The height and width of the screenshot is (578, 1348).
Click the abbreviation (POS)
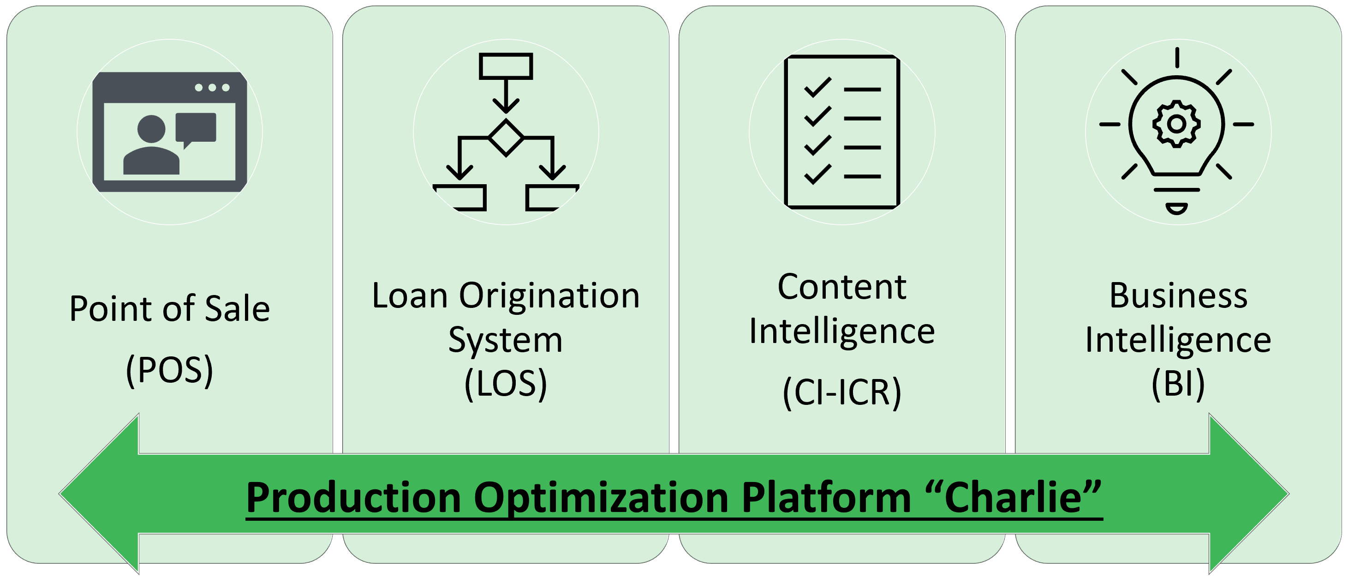pos(170,370)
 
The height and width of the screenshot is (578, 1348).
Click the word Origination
pos(549,296)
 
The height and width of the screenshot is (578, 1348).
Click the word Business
pos(1178,296)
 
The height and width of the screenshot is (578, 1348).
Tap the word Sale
pos(237,308)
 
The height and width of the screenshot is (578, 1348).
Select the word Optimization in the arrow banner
pos(601,497)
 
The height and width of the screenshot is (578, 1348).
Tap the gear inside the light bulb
pos(1176,124)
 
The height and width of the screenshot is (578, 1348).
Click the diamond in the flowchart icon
pos(506,138)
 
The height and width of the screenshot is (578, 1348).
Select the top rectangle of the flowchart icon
pos(506,66)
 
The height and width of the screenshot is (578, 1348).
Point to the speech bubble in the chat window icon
pos(196,130)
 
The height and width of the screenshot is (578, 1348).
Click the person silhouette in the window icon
pos(151,144)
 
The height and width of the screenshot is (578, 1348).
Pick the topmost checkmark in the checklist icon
pos(817,87)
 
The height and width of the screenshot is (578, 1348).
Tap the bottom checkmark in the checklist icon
pos(817,175)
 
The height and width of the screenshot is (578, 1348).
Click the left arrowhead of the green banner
pos(100,494)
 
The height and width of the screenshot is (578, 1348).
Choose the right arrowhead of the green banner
pos(1249,494)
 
